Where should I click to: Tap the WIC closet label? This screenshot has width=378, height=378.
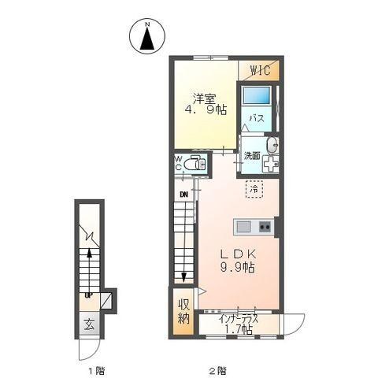coord(260,70)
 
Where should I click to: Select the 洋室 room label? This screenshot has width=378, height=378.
coord(206,98)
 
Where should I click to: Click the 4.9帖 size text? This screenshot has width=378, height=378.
coord(206,111)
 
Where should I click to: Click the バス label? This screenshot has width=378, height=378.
coord(257,119)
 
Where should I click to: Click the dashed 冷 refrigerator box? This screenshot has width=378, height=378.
coord(254,189)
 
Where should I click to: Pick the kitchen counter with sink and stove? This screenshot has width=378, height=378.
coord(253,227)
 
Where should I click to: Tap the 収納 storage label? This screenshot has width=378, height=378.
coord(183,312)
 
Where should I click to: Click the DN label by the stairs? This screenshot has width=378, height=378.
coord(183,195)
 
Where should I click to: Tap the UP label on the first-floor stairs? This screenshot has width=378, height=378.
coord(88,296)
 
